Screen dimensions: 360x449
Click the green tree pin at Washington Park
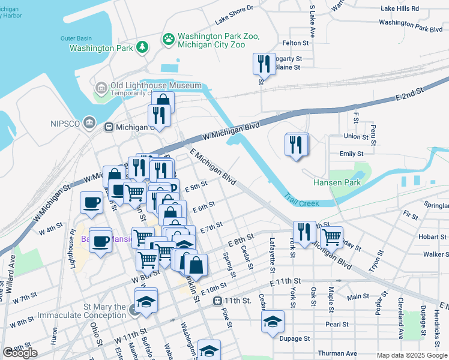pos(142,47)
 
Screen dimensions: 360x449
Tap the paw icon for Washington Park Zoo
pos(169,39)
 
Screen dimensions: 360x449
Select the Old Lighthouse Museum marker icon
pos(101,89)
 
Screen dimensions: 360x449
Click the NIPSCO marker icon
pos(89,123)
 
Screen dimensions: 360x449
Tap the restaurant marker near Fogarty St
pos(264,63)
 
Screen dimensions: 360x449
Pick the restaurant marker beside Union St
pos(297,145)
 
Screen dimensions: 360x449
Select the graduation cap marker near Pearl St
pos(273,322)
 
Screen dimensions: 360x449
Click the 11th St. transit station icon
pos(217,300)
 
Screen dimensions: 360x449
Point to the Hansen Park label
pos(336,182)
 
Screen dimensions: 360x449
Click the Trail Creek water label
pos(301,203)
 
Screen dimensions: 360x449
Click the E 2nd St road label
pos(409,94)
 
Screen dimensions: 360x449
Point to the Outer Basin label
pos(75,38)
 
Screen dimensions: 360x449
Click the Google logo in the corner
pos(20,353)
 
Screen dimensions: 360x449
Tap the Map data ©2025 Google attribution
pos(411,355)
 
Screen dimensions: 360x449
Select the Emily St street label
pos(348,154)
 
